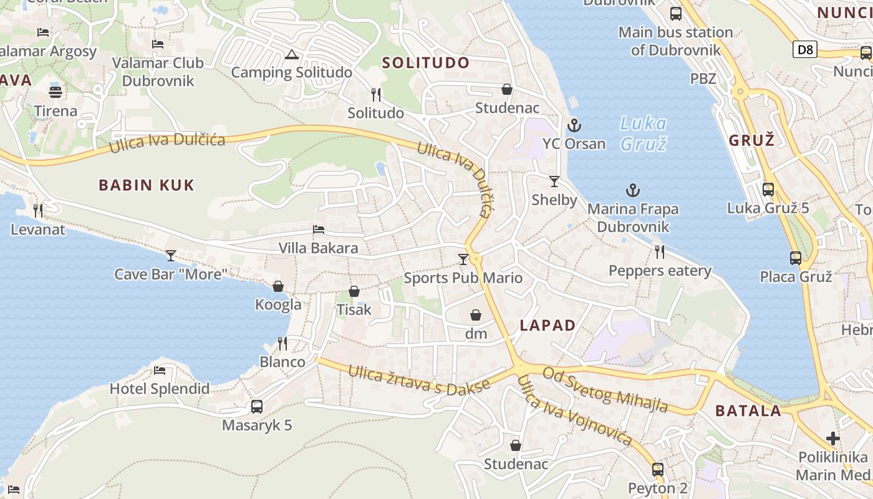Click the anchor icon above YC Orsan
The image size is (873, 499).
click(x=574, y=126)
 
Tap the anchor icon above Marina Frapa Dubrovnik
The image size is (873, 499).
click(x=633, y=190)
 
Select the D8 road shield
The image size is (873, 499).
click(x=805, y=49)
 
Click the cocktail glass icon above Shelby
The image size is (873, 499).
click(x=554, y=182)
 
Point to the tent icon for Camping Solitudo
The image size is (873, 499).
click(x=291, y=55)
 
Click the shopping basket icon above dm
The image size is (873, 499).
click(x=476, y=315)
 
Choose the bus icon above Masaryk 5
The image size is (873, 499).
click(x=256, y=407)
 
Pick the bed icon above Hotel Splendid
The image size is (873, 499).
click(x=160, y=371)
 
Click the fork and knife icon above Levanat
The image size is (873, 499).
click(x=38, y=211)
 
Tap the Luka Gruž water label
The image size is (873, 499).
click(x=644, y=133)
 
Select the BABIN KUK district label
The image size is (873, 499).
click(x=147, y=185)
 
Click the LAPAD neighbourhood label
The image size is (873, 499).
click(x=547, y=325)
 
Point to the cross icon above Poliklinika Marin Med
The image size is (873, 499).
click(x=832, y=438)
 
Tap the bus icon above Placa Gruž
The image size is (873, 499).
click(x=796, y=258)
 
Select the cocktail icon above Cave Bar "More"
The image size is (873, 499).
click(x=170, y=255)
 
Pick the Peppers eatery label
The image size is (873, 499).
click(x=660, y=271)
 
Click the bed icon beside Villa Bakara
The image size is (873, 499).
click(x=319, y=230)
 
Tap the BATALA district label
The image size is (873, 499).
click(x=748, y=410)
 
